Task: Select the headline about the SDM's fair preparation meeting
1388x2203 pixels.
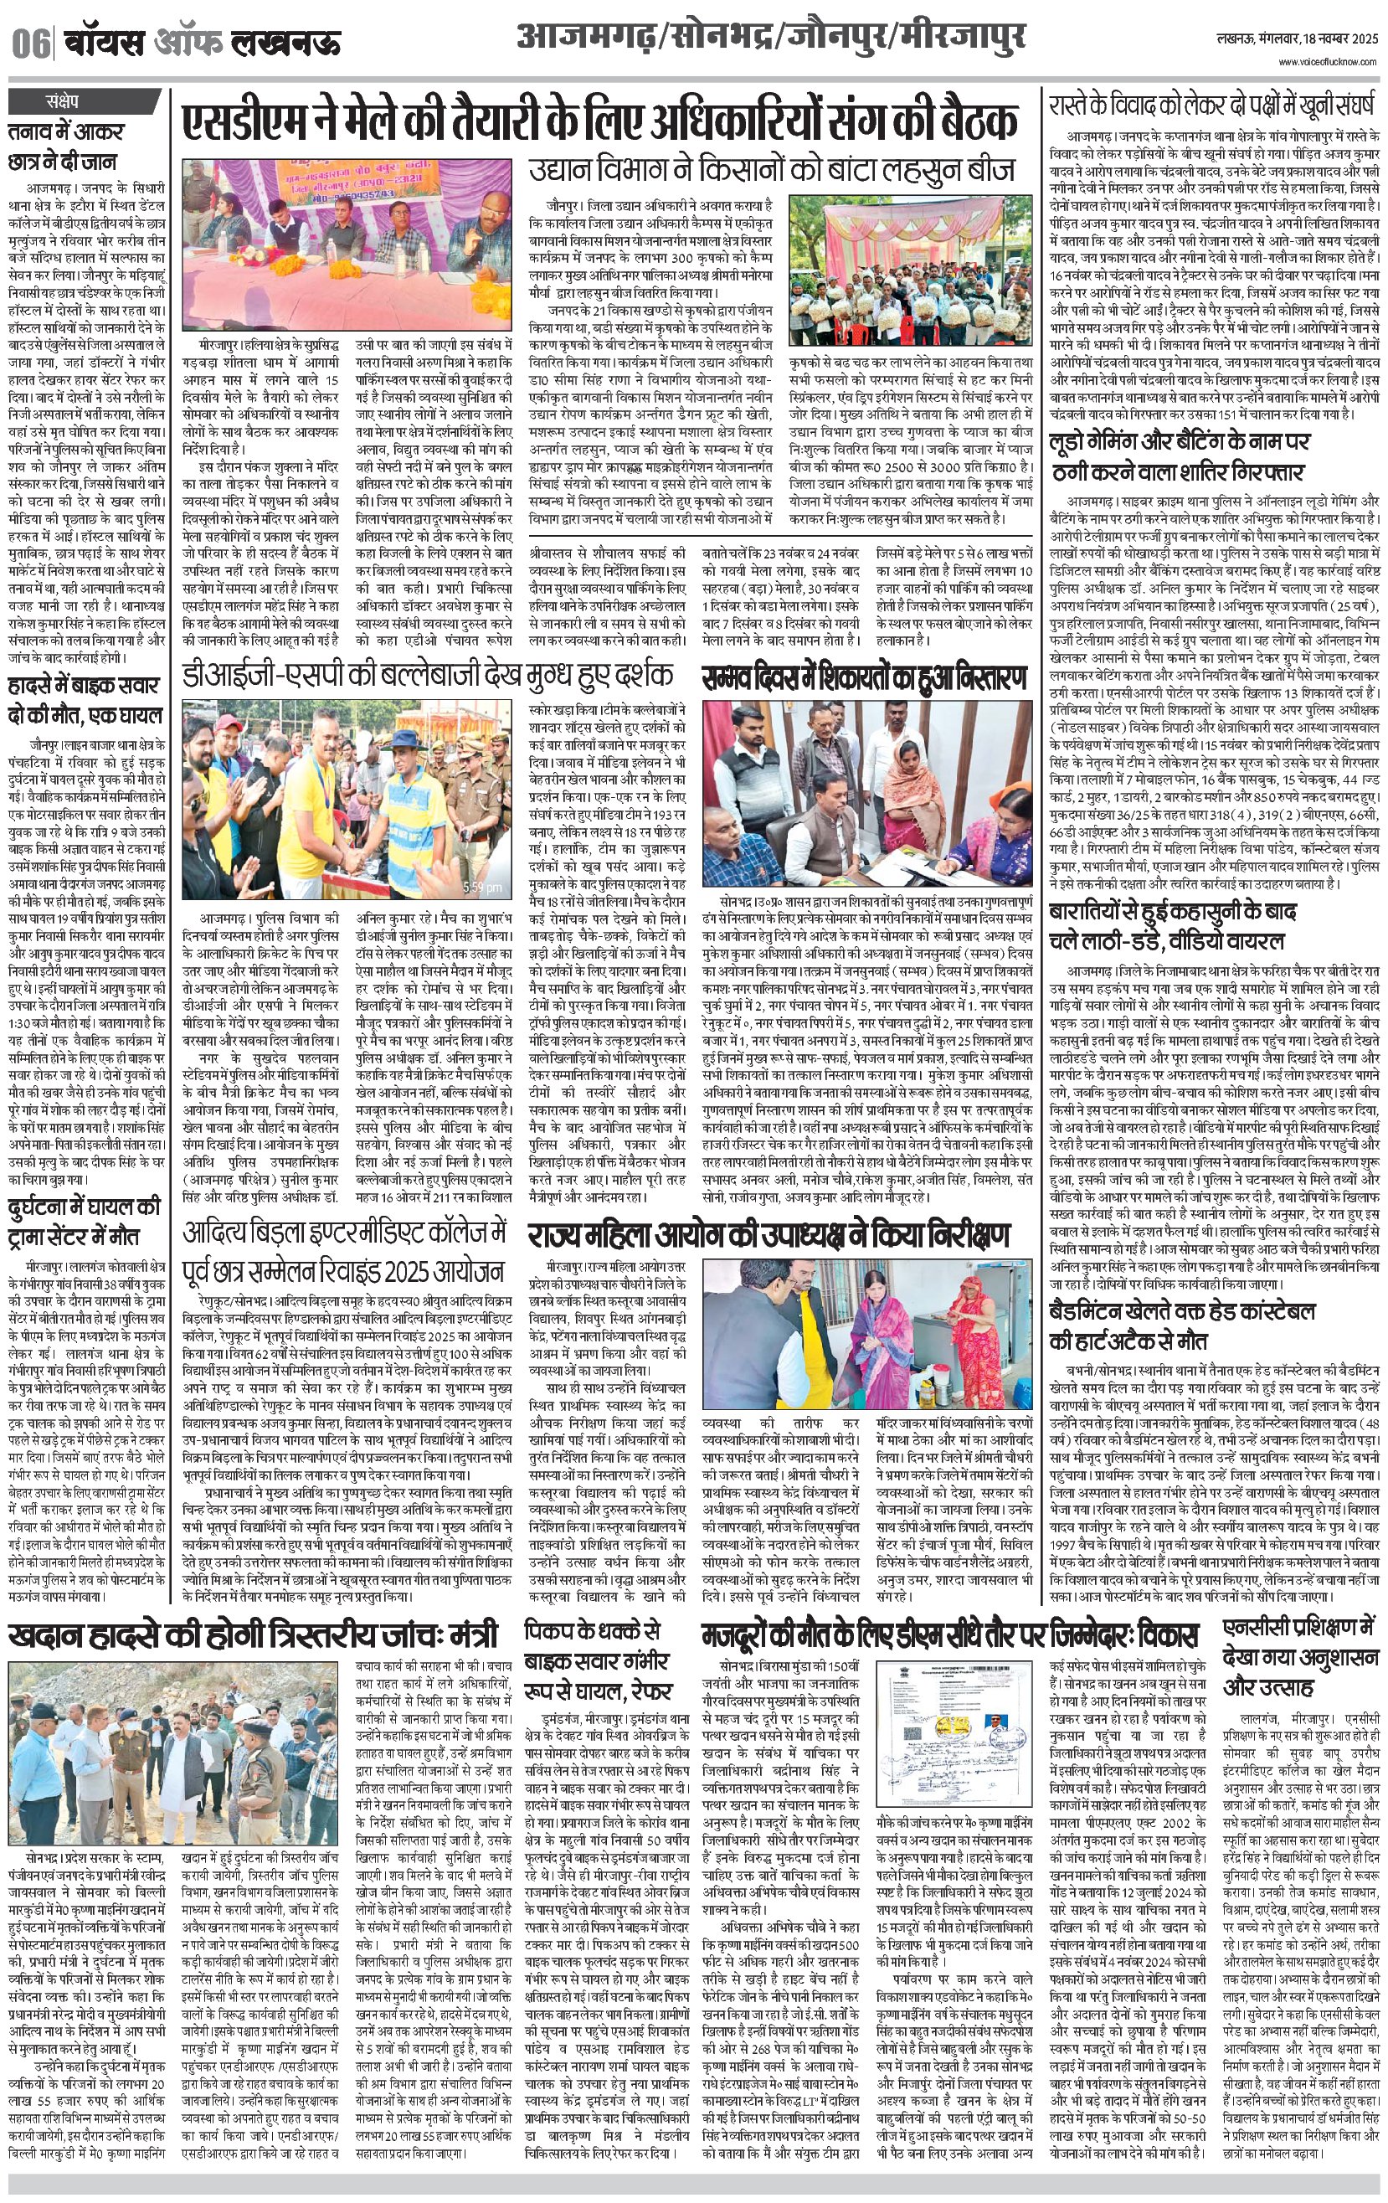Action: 599,122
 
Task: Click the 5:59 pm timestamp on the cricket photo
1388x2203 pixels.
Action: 481,887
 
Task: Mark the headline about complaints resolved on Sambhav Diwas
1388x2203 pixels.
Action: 865,678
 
